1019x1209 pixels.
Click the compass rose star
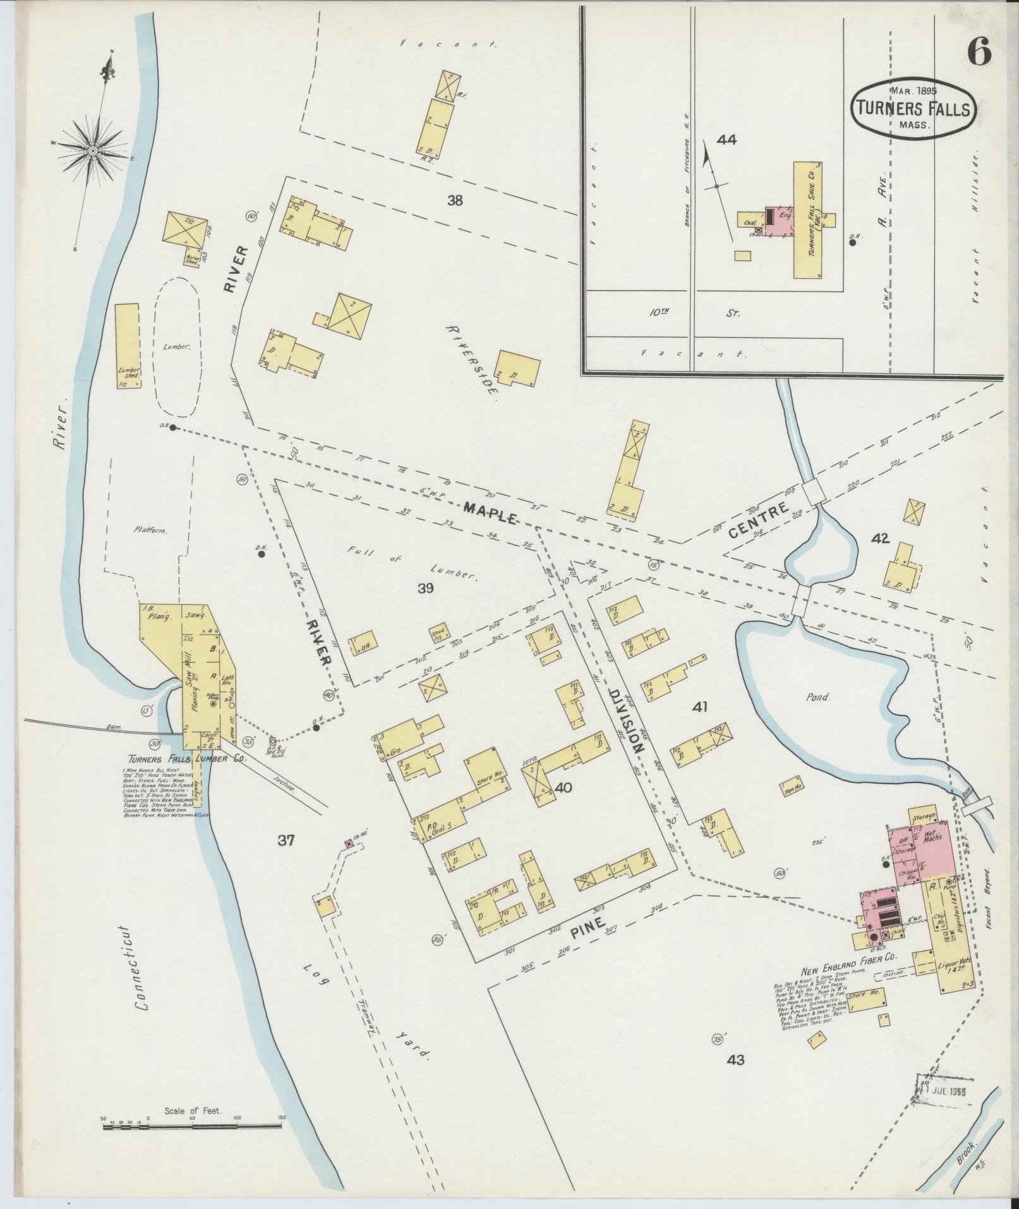(92, 150)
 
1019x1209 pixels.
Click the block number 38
(455, 201)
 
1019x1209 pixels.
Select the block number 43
(735, 1060)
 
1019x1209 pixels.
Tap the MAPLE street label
(491, 513)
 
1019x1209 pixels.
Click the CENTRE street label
(759, 520)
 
